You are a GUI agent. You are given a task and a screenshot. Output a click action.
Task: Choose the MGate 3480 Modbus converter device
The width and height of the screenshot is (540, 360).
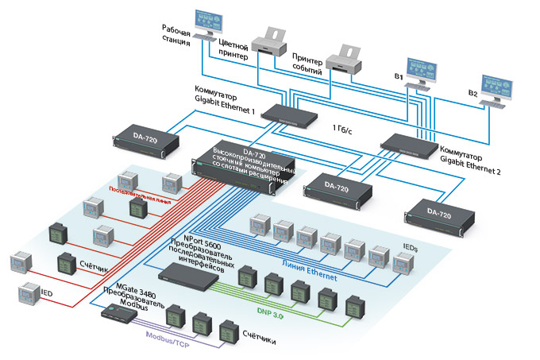pos(119,312)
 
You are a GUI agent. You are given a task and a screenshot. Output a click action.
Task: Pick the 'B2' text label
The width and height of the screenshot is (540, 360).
pos(472,93)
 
